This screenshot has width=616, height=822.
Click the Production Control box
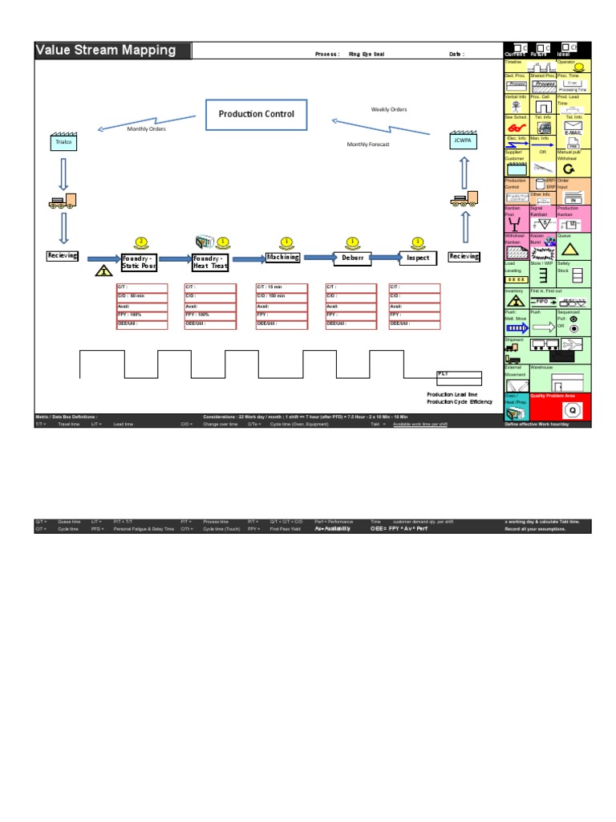(x=257, y=114)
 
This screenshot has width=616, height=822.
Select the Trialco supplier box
(x=63, y=142)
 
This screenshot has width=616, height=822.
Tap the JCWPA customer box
(x=460, y=142)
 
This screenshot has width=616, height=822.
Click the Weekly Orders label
(x=390, y=109)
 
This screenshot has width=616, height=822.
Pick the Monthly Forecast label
(x=367, y=144)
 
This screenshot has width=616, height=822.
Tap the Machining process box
(x=282, y=258)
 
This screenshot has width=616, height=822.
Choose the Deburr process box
(x=351, y=258)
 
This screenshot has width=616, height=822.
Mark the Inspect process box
(x=418, y=258)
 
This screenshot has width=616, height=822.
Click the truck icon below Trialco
(x=63, y=201)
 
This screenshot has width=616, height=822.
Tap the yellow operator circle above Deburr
(x=351, y=242)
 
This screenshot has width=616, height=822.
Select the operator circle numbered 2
(x=142, y=242)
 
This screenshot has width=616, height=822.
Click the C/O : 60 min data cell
(x=142, y=295)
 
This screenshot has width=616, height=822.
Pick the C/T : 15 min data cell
(x=280, y=287)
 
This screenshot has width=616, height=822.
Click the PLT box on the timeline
(x=459, y=374)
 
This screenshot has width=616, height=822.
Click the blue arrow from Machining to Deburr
(x=317, y=258)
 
